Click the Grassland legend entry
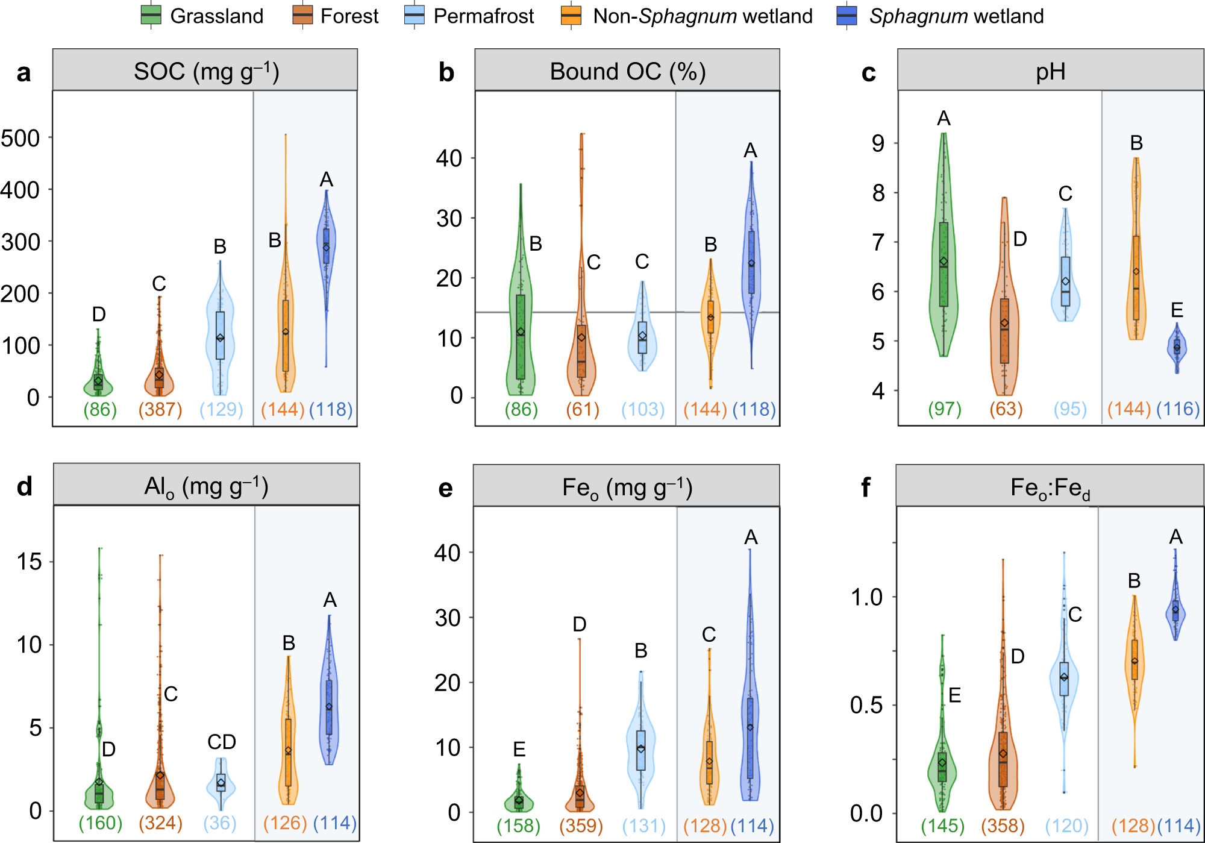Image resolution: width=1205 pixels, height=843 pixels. [x=202, y=16]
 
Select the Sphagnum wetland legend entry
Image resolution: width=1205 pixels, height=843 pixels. [x=940, y=16]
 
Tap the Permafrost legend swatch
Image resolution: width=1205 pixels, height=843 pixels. [x=415, y=16]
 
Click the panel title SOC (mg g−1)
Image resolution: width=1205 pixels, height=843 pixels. [x=205, y=71]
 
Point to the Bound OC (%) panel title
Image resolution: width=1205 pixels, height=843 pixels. [x=627, y=71]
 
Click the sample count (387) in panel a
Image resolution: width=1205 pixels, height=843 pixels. [x=160, y=410]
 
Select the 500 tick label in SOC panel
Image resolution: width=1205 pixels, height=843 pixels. [x=20, y=139]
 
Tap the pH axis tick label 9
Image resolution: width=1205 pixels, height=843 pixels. [x=878, y=143]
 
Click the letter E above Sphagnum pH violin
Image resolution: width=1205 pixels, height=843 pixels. [x=1177, y=310]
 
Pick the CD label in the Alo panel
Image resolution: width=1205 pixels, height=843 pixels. [x=222, y=742]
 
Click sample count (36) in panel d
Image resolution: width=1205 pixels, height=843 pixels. [x=220, y=823]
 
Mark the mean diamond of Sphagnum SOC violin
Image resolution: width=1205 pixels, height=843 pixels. [x=327, y=248]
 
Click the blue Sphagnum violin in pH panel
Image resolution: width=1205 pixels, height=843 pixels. [x=1177, y=348]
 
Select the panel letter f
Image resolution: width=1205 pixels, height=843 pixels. [x=866, y=487]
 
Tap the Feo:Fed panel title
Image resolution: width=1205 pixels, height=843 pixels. [x=1050, y=487]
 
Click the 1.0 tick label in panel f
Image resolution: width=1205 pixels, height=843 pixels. [x=866, y=597]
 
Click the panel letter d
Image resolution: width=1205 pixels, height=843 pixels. [x=24, y=486]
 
